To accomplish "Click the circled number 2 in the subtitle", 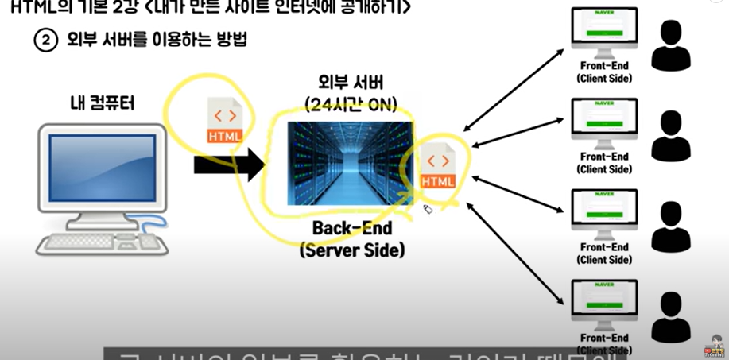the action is click(x=45, y=40).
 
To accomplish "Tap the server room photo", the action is click(x=351, y=164).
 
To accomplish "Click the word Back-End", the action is click(x=351, y=230).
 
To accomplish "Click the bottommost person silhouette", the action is click(x=671, y=316).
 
